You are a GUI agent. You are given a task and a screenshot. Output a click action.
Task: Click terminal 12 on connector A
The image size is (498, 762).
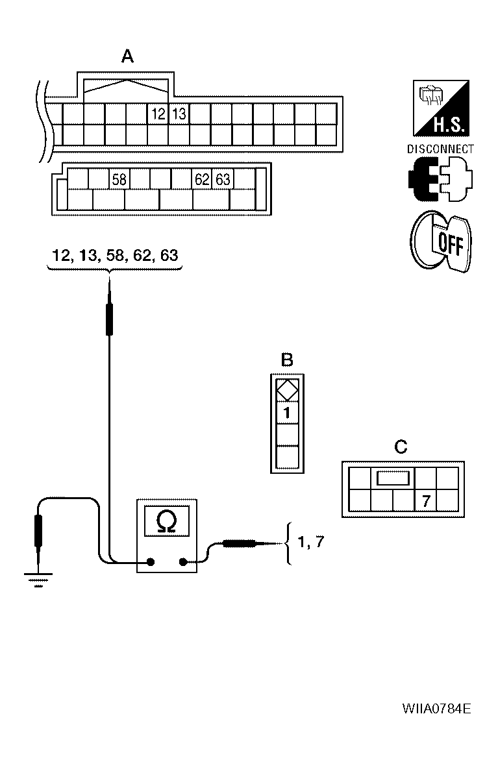158,114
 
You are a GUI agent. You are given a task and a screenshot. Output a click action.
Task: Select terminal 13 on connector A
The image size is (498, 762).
179,114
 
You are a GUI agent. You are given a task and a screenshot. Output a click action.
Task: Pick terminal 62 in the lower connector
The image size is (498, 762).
202,179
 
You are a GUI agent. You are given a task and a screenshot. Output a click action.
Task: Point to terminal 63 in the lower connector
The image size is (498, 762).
223,179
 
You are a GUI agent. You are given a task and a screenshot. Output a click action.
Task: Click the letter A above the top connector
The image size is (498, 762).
128,58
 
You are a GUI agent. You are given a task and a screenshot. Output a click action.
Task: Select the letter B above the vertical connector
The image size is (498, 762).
286,359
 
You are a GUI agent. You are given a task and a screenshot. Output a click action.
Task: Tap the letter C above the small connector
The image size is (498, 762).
401,447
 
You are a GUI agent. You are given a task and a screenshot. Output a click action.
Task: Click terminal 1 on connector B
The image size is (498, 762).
287,412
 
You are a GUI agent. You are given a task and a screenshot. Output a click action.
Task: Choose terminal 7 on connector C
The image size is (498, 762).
425,500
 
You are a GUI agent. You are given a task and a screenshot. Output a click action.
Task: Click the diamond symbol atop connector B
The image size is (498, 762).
287,390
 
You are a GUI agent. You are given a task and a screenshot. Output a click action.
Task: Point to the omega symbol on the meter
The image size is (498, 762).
166,521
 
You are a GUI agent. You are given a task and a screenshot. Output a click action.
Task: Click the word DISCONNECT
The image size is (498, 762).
440,149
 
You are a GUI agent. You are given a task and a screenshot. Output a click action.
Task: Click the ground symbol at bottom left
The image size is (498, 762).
38,578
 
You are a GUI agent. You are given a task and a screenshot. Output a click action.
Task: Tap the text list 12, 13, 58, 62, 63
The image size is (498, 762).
115,255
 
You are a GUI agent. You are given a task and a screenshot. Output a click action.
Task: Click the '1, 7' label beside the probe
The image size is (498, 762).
309,543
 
